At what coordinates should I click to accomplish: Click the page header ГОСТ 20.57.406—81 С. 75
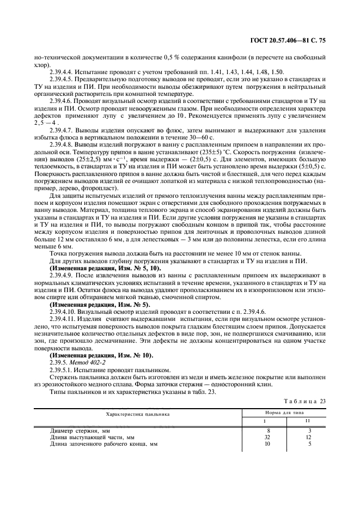(296, 40)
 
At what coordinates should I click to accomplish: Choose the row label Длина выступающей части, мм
(92, 437)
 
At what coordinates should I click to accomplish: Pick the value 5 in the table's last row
(309, 444)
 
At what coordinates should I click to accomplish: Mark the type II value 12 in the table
(308, 437)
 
